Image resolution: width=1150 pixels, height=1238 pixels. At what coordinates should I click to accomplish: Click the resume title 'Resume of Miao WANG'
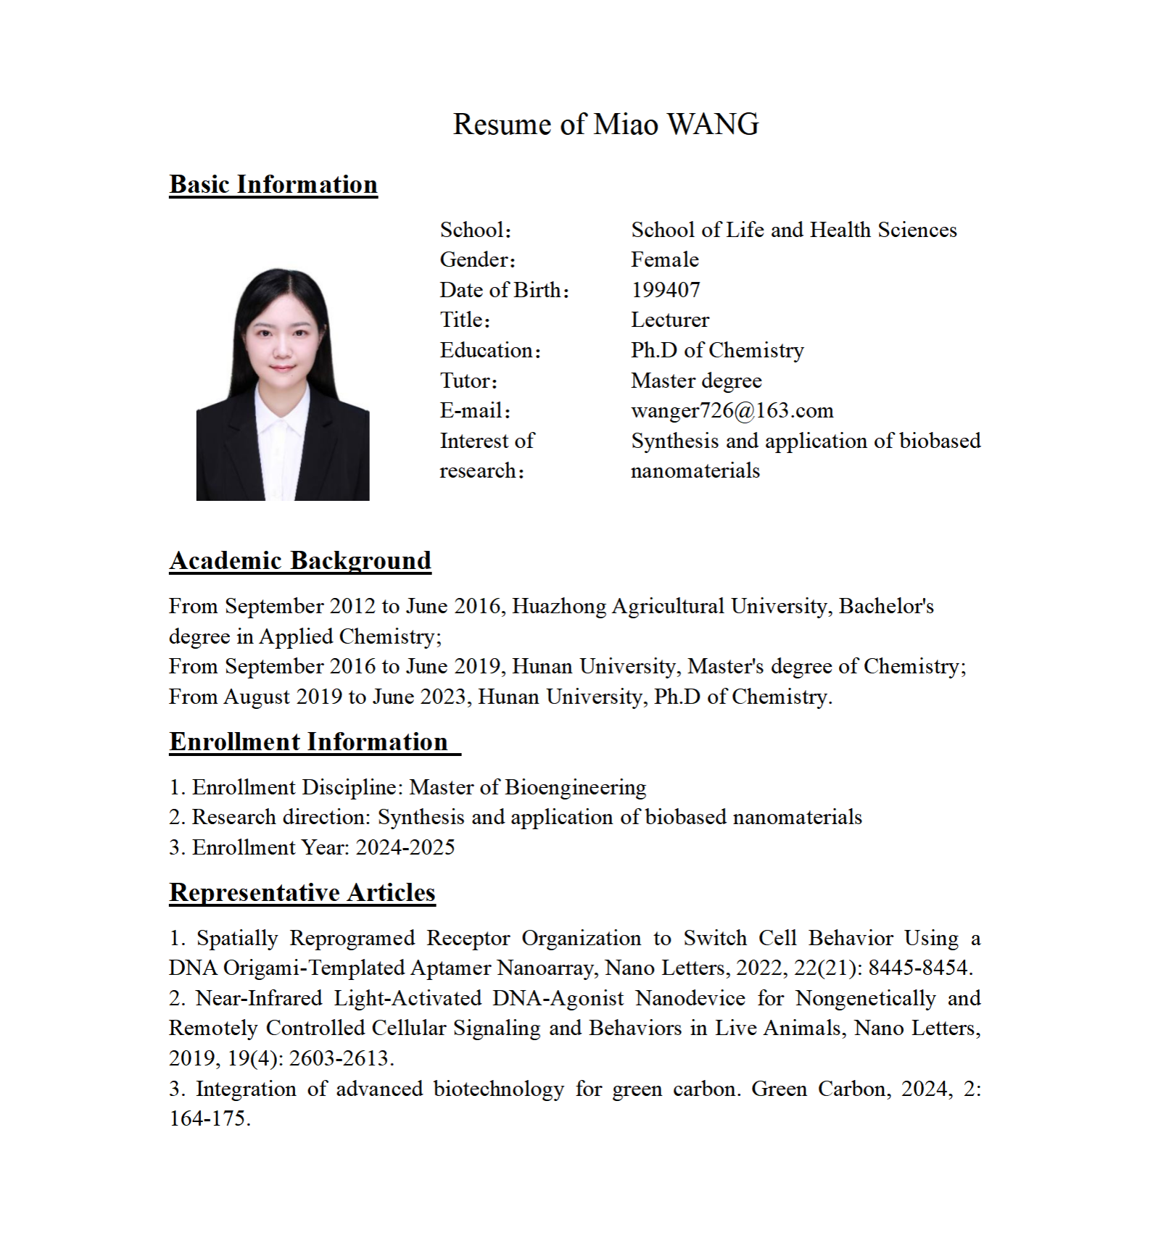point(605,124)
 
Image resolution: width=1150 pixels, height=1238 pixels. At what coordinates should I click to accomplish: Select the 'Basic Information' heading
point(273,184)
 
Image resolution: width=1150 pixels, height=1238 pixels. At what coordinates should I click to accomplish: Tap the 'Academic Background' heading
point(300,560)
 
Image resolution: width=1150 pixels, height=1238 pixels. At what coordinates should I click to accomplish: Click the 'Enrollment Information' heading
point(309,741)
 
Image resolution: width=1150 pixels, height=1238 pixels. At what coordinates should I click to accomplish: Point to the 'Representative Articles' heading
point(302,892)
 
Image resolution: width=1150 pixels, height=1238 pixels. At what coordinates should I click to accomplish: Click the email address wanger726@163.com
point(732,410)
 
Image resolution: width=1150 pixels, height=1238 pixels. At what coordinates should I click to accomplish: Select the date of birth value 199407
point(666,290)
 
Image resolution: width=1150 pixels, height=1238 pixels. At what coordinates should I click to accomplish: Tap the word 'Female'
point(665,259)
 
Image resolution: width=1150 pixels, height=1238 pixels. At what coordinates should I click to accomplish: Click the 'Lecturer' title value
point(670,320)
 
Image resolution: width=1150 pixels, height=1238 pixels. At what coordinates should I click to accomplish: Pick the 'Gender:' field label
point(477,259)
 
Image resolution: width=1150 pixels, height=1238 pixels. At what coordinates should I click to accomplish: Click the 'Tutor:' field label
point(468,381)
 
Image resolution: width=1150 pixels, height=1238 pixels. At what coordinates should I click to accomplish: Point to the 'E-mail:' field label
point(475,410)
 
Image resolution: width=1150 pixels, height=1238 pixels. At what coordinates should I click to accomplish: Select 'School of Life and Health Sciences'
point(794,230)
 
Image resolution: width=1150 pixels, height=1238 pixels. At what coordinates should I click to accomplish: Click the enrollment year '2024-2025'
point(405,847)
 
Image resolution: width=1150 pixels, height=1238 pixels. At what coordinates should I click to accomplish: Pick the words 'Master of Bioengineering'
point(528,787)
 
